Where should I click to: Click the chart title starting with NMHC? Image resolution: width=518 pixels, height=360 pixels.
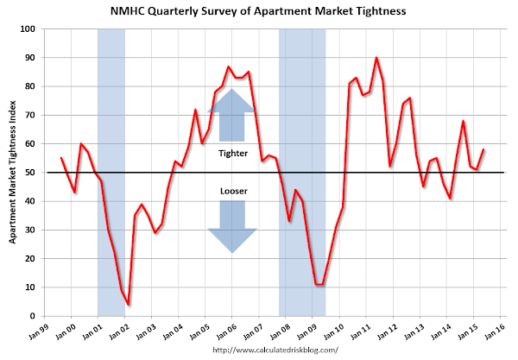coord(259,12)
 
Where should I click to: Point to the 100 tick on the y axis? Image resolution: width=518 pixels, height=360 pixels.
coord(28,29)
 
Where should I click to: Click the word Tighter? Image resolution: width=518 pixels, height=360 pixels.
coord(233,153)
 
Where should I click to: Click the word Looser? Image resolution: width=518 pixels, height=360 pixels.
coord(233,190)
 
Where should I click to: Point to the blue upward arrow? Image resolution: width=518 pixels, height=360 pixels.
coord(233,114)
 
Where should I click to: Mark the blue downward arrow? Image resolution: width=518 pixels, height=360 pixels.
coord(233,226)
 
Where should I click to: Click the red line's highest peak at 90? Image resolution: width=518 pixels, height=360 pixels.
coord(376,58)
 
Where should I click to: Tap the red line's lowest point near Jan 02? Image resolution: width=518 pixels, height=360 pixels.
coord(129,305)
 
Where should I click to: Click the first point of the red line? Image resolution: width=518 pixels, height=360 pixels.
coord(61,158)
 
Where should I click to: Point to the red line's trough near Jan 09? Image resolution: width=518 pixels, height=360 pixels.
coord(320,284)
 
